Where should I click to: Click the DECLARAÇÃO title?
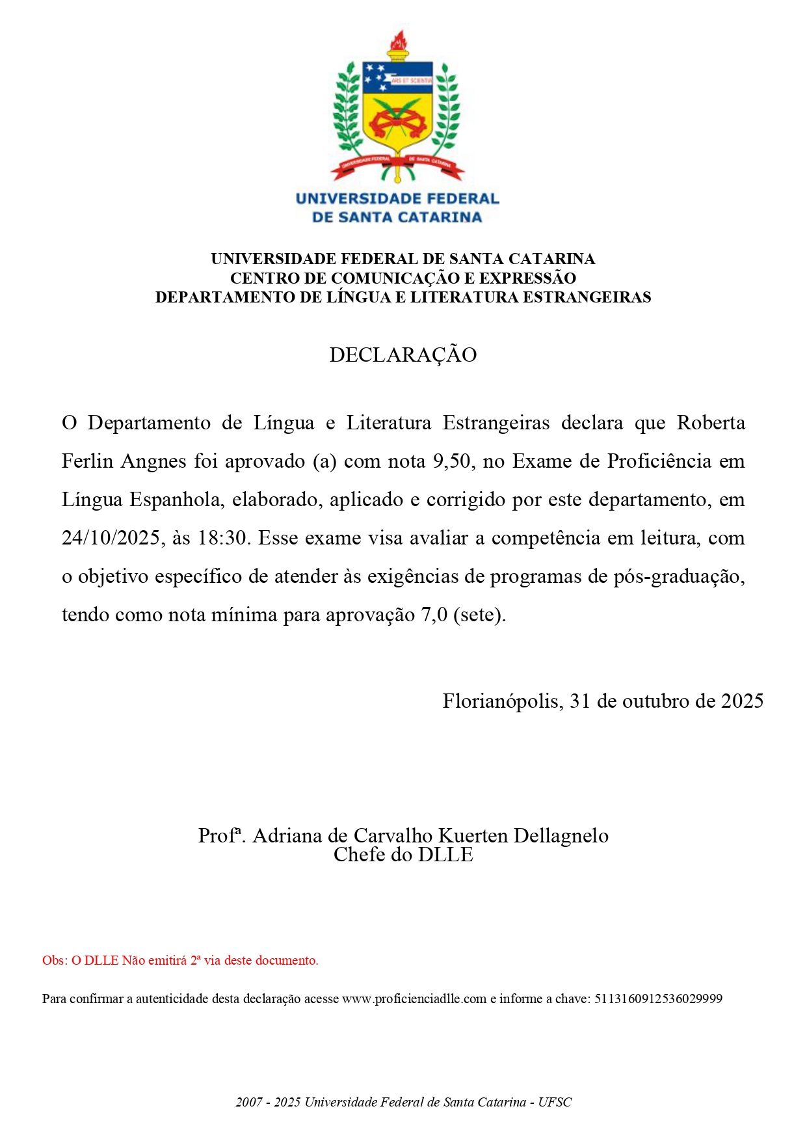pos(403,355)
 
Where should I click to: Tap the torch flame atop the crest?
pos(397,40)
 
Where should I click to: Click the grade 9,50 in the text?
pos(451,461)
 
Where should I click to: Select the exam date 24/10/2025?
pos(111,538)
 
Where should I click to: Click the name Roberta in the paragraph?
pos(711,423)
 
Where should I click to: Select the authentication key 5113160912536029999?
pos(658,999)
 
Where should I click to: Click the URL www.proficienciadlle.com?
pos(414,999)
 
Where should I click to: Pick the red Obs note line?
pos(180,960)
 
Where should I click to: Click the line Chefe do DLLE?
pos(403,855)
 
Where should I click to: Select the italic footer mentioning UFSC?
pos(403,1102)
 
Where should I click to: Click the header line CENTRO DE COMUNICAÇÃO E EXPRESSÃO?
pos(403,278)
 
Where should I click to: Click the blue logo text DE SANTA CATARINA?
pos(397,217)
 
